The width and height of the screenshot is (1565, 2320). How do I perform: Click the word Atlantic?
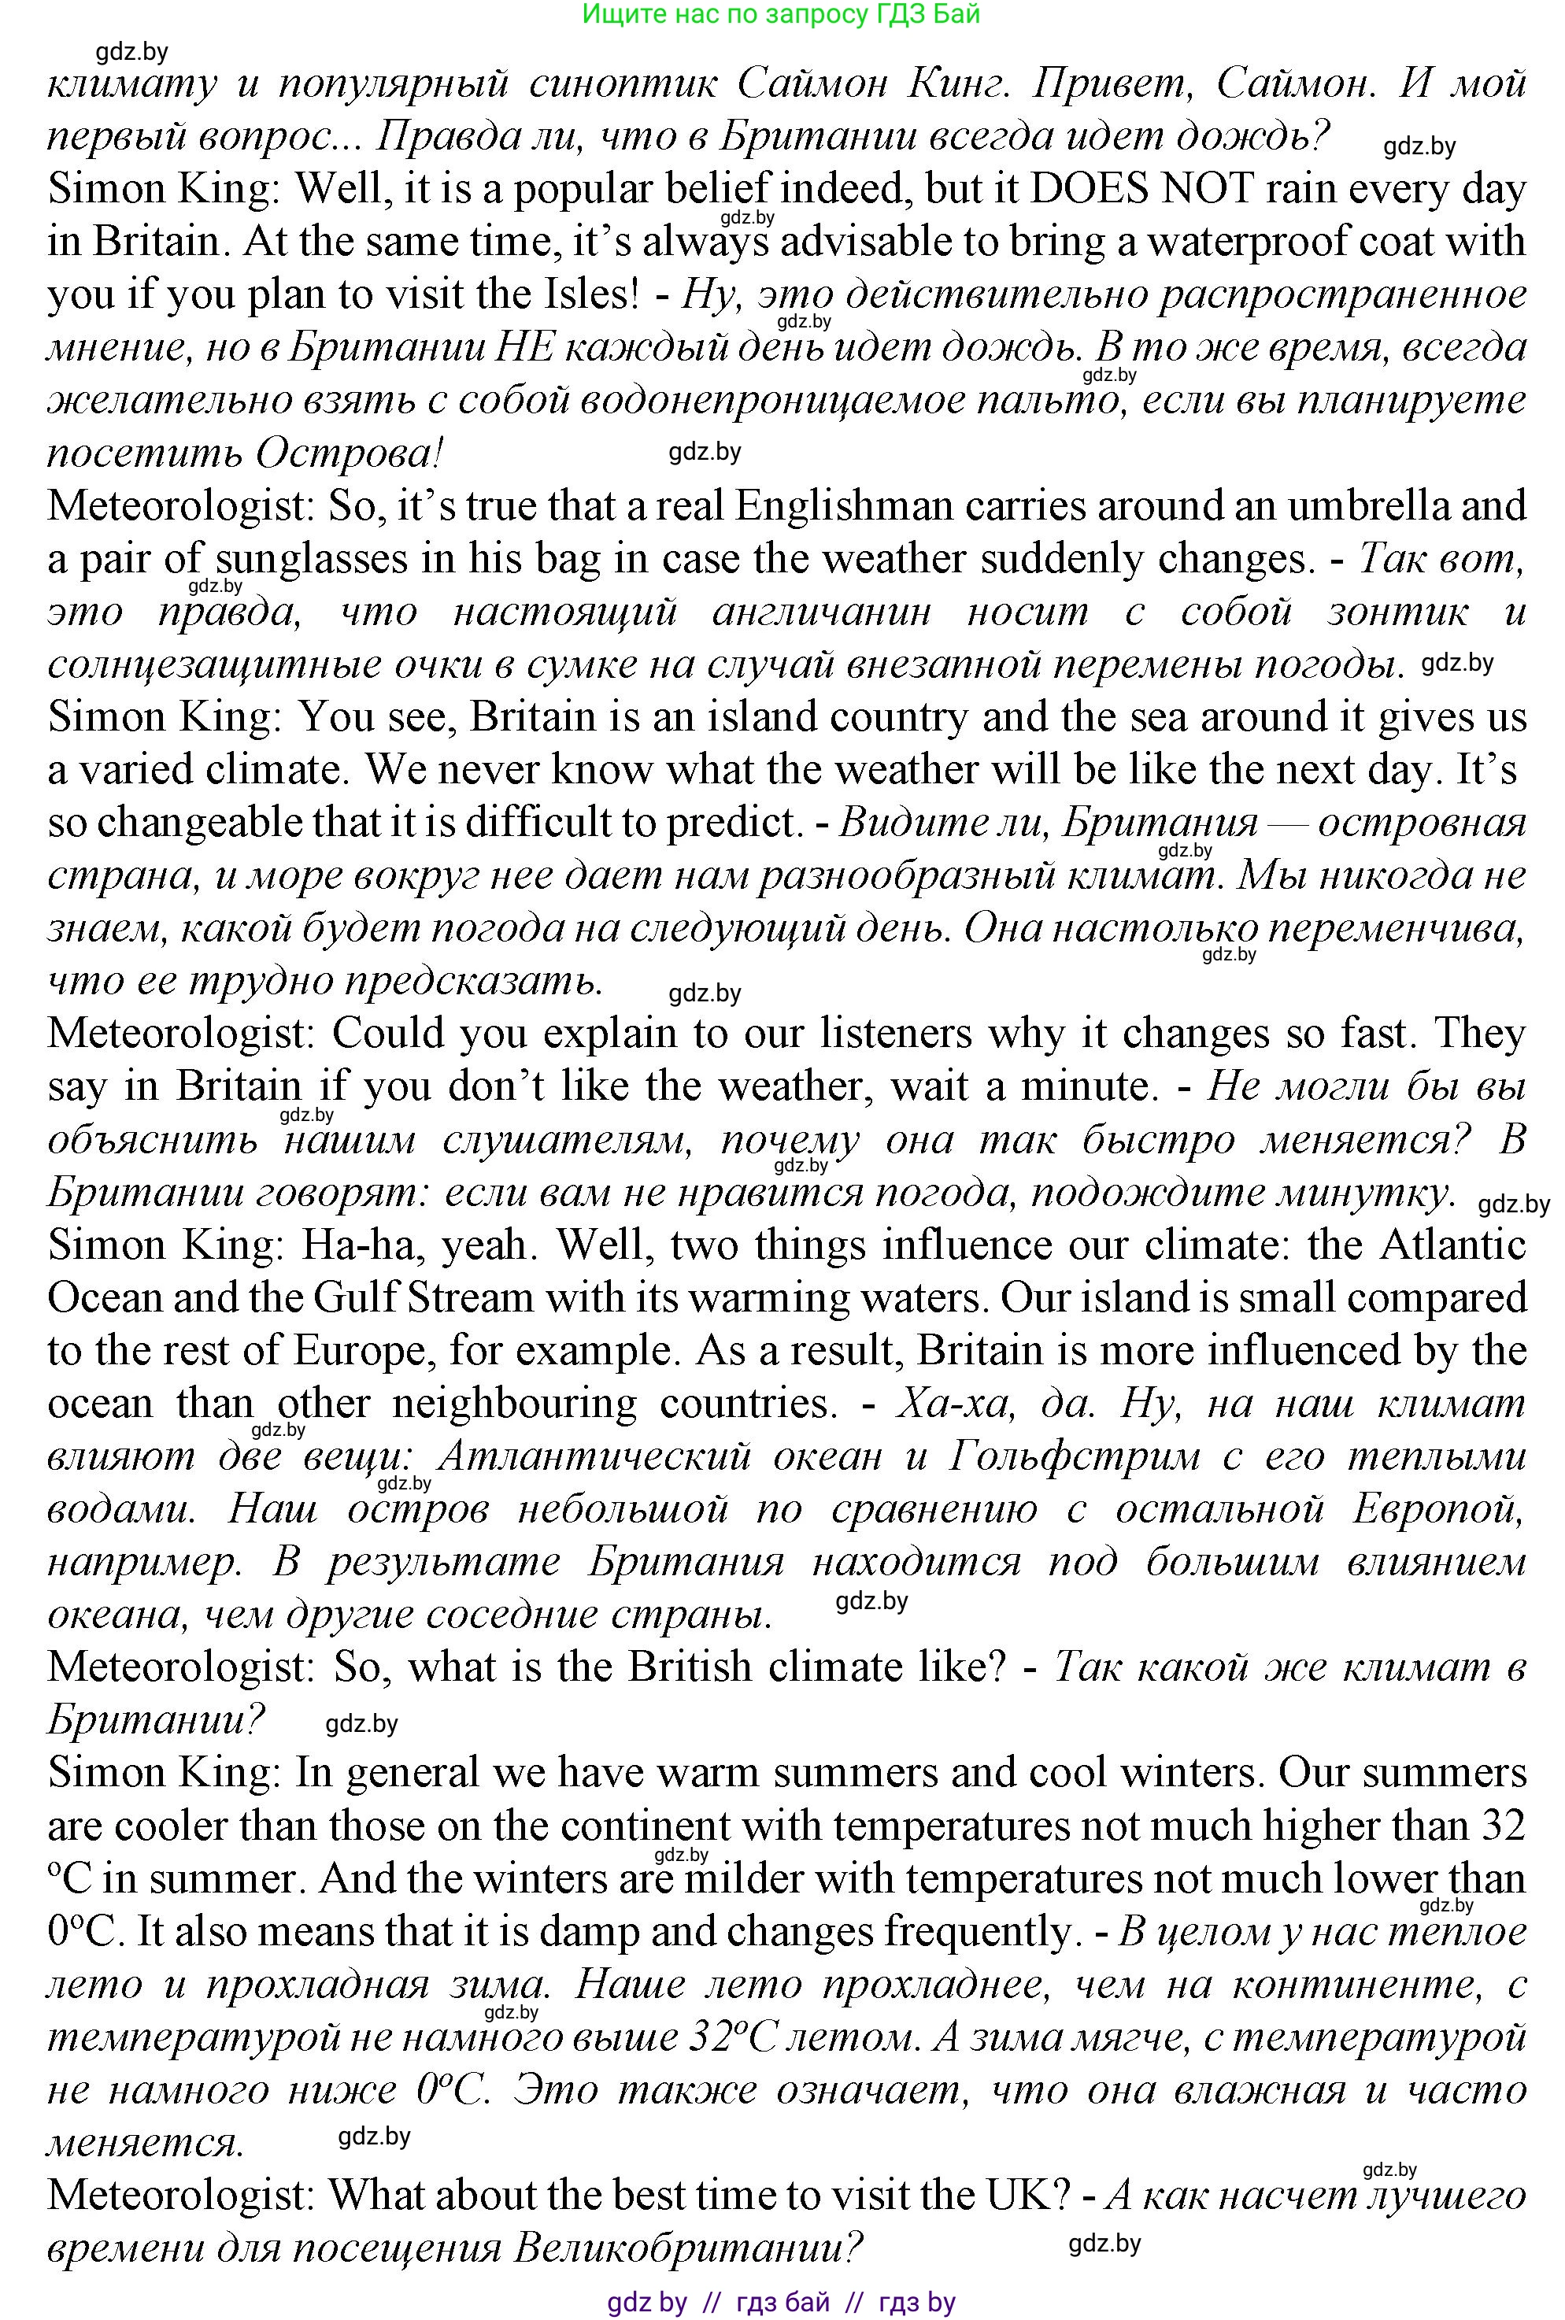(1453, 1245)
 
